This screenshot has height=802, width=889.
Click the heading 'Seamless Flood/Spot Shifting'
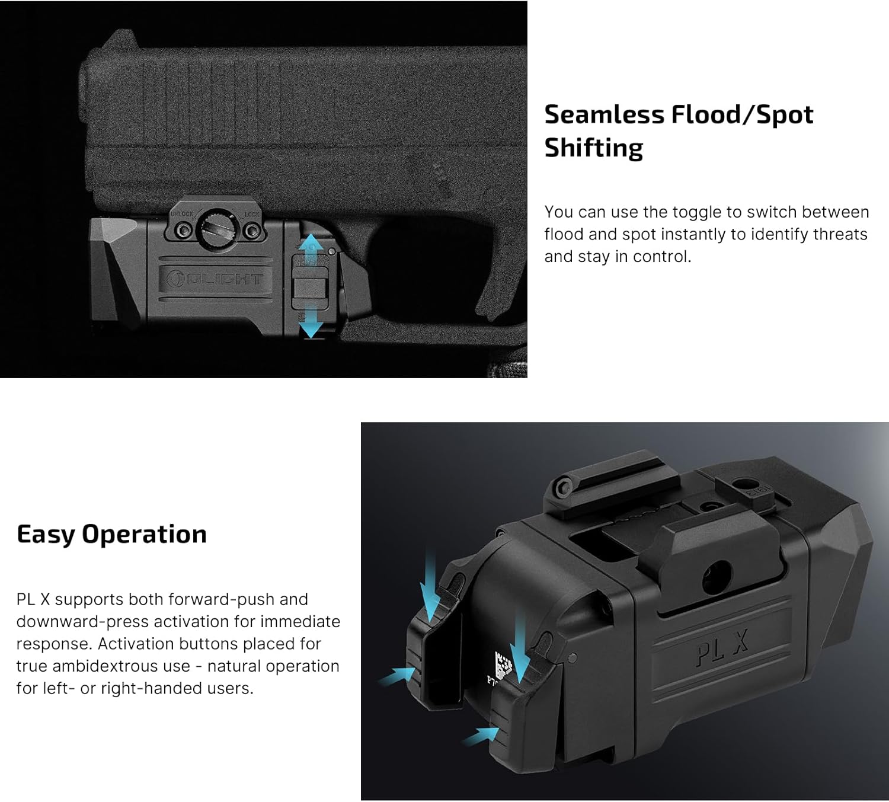pos(679,130)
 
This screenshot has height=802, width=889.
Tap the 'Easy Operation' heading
pos(111,534)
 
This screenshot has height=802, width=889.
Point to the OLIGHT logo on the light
pos(214,278)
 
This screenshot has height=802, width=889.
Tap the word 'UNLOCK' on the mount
pos(181,213)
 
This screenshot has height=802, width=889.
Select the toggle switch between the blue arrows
pos(311,287)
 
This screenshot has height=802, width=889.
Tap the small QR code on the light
pos(502,666)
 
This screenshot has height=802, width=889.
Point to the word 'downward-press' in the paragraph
pos(74,622)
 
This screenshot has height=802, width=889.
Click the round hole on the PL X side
pos(717,576)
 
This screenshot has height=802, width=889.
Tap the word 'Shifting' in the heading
pos(593,148)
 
